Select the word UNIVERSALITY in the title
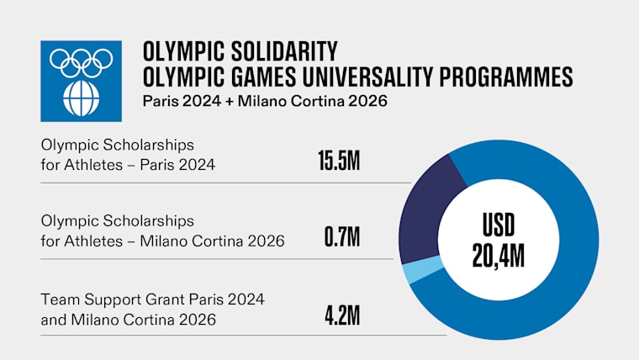[377, 77]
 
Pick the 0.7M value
[342, 237]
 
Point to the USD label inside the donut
[498, 225]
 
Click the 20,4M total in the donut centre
[498, 254]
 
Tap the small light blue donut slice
[412, 271]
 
